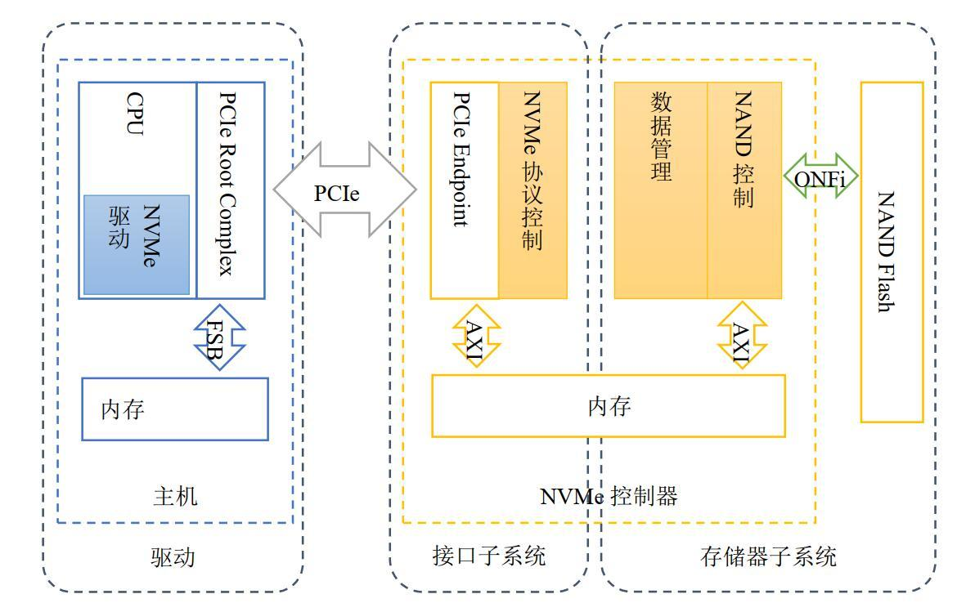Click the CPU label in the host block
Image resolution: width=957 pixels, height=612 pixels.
point(135,114)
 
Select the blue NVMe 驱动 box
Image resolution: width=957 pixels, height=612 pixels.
point(137,245)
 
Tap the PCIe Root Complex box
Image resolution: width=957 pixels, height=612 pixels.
point(231,190)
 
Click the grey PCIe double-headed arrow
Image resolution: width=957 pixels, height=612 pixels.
point(345,190)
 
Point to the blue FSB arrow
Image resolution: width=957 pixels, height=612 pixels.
point(220,337)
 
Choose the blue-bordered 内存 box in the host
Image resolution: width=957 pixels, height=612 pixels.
point(175,409)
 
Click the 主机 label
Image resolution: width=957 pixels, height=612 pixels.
point(175,496)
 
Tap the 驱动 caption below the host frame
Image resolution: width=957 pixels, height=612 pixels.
point(173,557)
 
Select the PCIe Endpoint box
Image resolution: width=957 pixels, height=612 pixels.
point(465,190)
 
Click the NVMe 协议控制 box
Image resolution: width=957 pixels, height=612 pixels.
point(532,190)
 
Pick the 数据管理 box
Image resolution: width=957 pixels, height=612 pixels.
point(661,190)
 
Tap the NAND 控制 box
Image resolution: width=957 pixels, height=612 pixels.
point(744,190)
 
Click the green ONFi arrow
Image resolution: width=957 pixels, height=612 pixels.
point(821,176)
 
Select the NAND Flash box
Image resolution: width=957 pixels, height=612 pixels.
point(892,252)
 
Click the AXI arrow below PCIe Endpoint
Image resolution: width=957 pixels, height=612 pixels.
point(477,335)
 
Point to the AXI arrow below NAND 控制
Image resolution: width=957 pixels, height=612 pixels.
point(742,335)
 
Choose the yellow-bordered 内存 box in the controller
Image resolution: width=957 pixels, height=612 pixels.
point(608,406)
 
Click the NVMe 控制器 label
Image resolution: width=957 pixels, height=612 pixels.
point(609,496)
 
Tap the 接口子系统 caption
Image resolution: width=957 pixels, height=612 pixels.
point(489,556)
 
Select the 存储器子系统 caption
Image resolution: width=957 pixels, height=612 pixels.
point(768,556)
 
